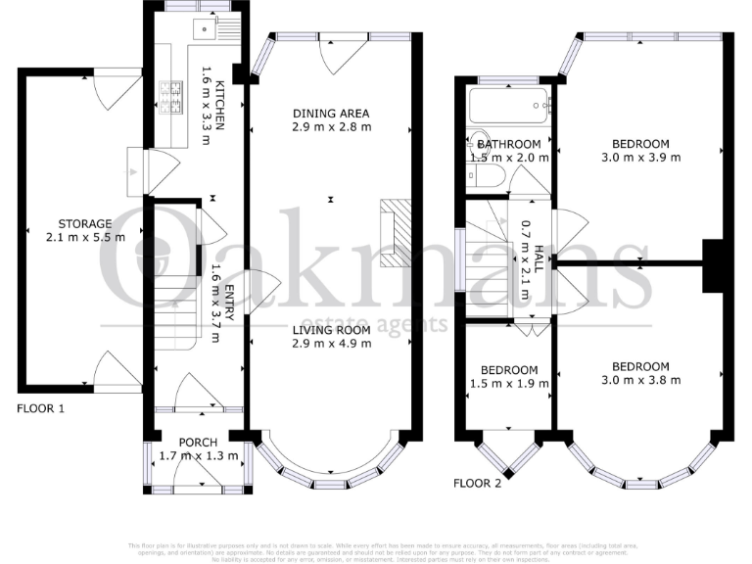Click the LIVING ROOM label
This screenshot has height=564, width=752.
(x=331, y=330)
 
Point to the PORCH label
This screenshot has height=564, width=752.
(x=198, y=441)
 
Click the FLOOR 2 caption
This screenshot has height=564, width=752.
(x=478, y=483)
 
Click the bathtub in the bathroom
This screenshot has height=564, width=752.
(x=508, y=105)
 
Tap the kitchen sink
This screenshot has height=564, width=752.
(x=205, y=28)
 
